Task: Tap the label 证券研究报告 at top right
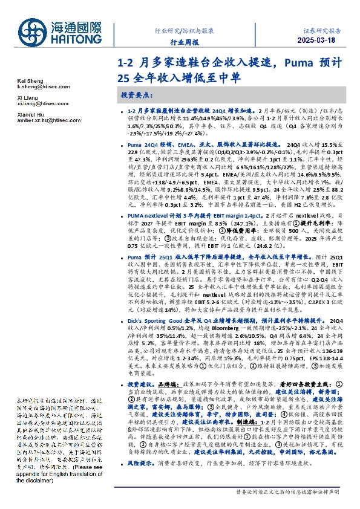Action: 322,30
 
